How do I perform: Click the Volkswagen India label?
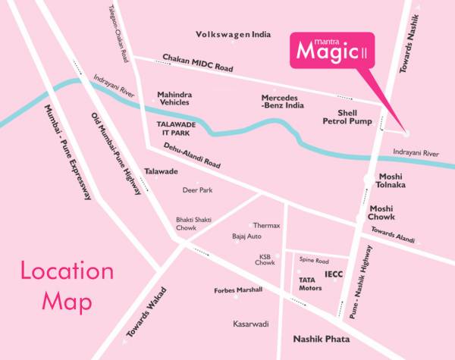233,35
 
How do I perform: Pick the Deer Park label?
196,190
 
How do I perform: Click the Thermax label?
267,226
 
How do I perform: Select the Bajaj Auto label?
247,236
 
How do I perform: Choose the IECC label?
334,273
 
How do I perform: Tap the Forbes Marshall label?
238,290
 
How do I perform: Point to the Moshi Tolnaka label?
392,180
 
